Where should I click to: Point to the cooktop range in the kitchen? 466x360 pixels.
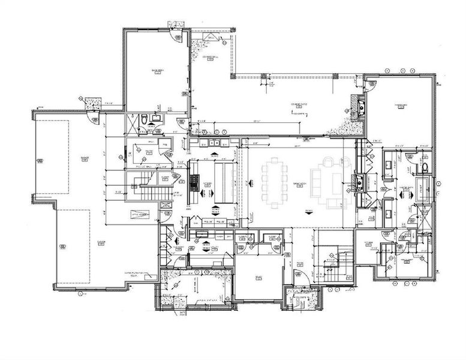(x=194, y=181)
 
